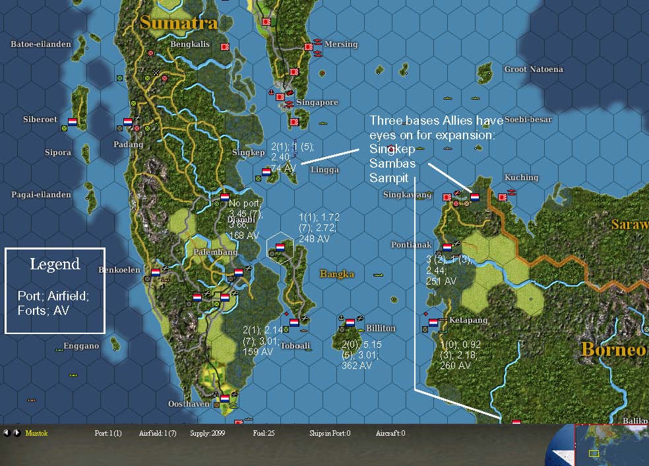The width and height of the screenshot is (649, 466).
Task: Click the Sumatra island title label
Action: coord(178,22)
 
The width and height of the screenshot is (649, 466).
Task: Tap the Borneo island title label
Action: coord(613,349)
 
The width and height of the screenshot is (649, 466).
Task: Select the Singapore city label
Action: coord(317,102)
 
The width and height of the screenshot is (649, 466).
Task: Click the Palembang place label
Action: coord(215,252)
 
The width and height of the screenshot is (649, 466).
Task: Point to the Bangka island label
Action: coord(336,273)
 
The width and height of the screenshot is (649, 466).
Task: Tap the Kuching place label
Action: coord(521,177)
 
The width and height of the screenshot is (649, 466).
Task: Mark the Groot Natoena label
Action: coord(534,69)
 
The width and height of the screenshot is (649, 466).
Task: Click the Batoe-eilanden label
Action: coord(41,44)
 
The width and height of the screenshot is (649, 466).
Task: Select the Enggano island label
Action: coord(81,346)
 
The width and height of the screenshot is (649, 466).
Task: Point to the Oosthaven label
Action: coord(189,404)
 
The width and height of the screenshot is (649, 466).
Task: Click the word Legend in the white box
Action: coord(55,265)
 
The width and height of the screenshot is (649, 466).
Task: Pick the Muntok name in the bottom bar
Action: coord(37,434)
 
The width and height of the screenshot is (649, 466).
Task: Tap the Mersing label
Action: coord(341,44)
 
